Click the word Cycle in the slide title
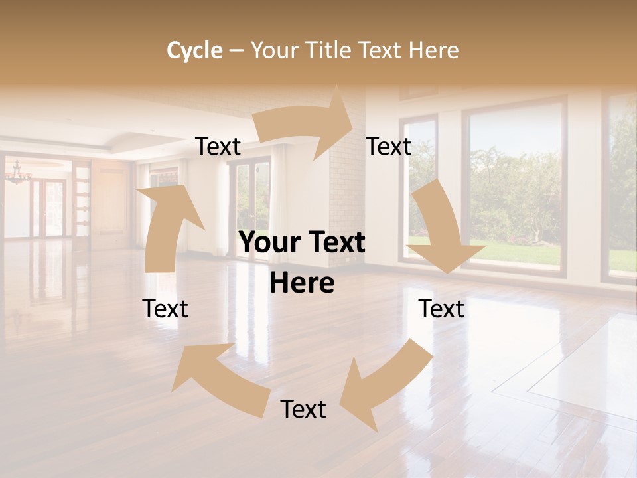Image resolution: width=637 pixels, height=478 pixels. point(194,50)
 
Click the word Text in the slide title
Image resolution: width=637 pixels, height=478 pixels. point(380,50)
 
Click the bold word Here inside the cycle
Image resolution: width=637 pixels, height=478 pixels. point(302,283)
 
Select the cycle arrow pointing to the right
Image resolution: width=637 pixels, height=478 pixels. point(305,126)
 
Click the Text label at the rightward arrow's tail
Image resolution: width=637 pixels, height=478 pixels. point(218,147)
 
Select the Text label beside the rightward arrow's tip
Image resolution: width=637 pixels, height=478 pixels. point(389,147)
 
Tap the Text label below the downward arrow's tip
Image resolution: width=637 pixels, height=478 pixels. point(441,309)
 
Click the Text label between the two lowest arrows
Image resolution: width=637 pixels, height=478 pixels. point(303,409)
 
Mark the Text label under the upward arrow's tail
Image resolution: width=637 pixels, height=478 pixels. point(165,309)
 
